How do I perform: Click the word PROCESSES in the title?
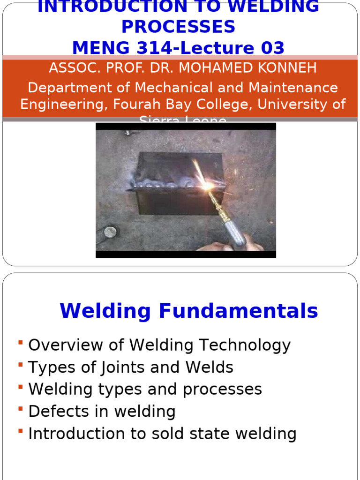tap(178, 27)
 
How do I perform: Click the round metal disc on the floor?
tap(110, 232)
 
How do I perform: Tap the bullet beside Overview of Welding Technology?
tap(21, 344)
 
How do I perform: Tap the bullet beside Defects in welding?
tap(21, 410)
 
